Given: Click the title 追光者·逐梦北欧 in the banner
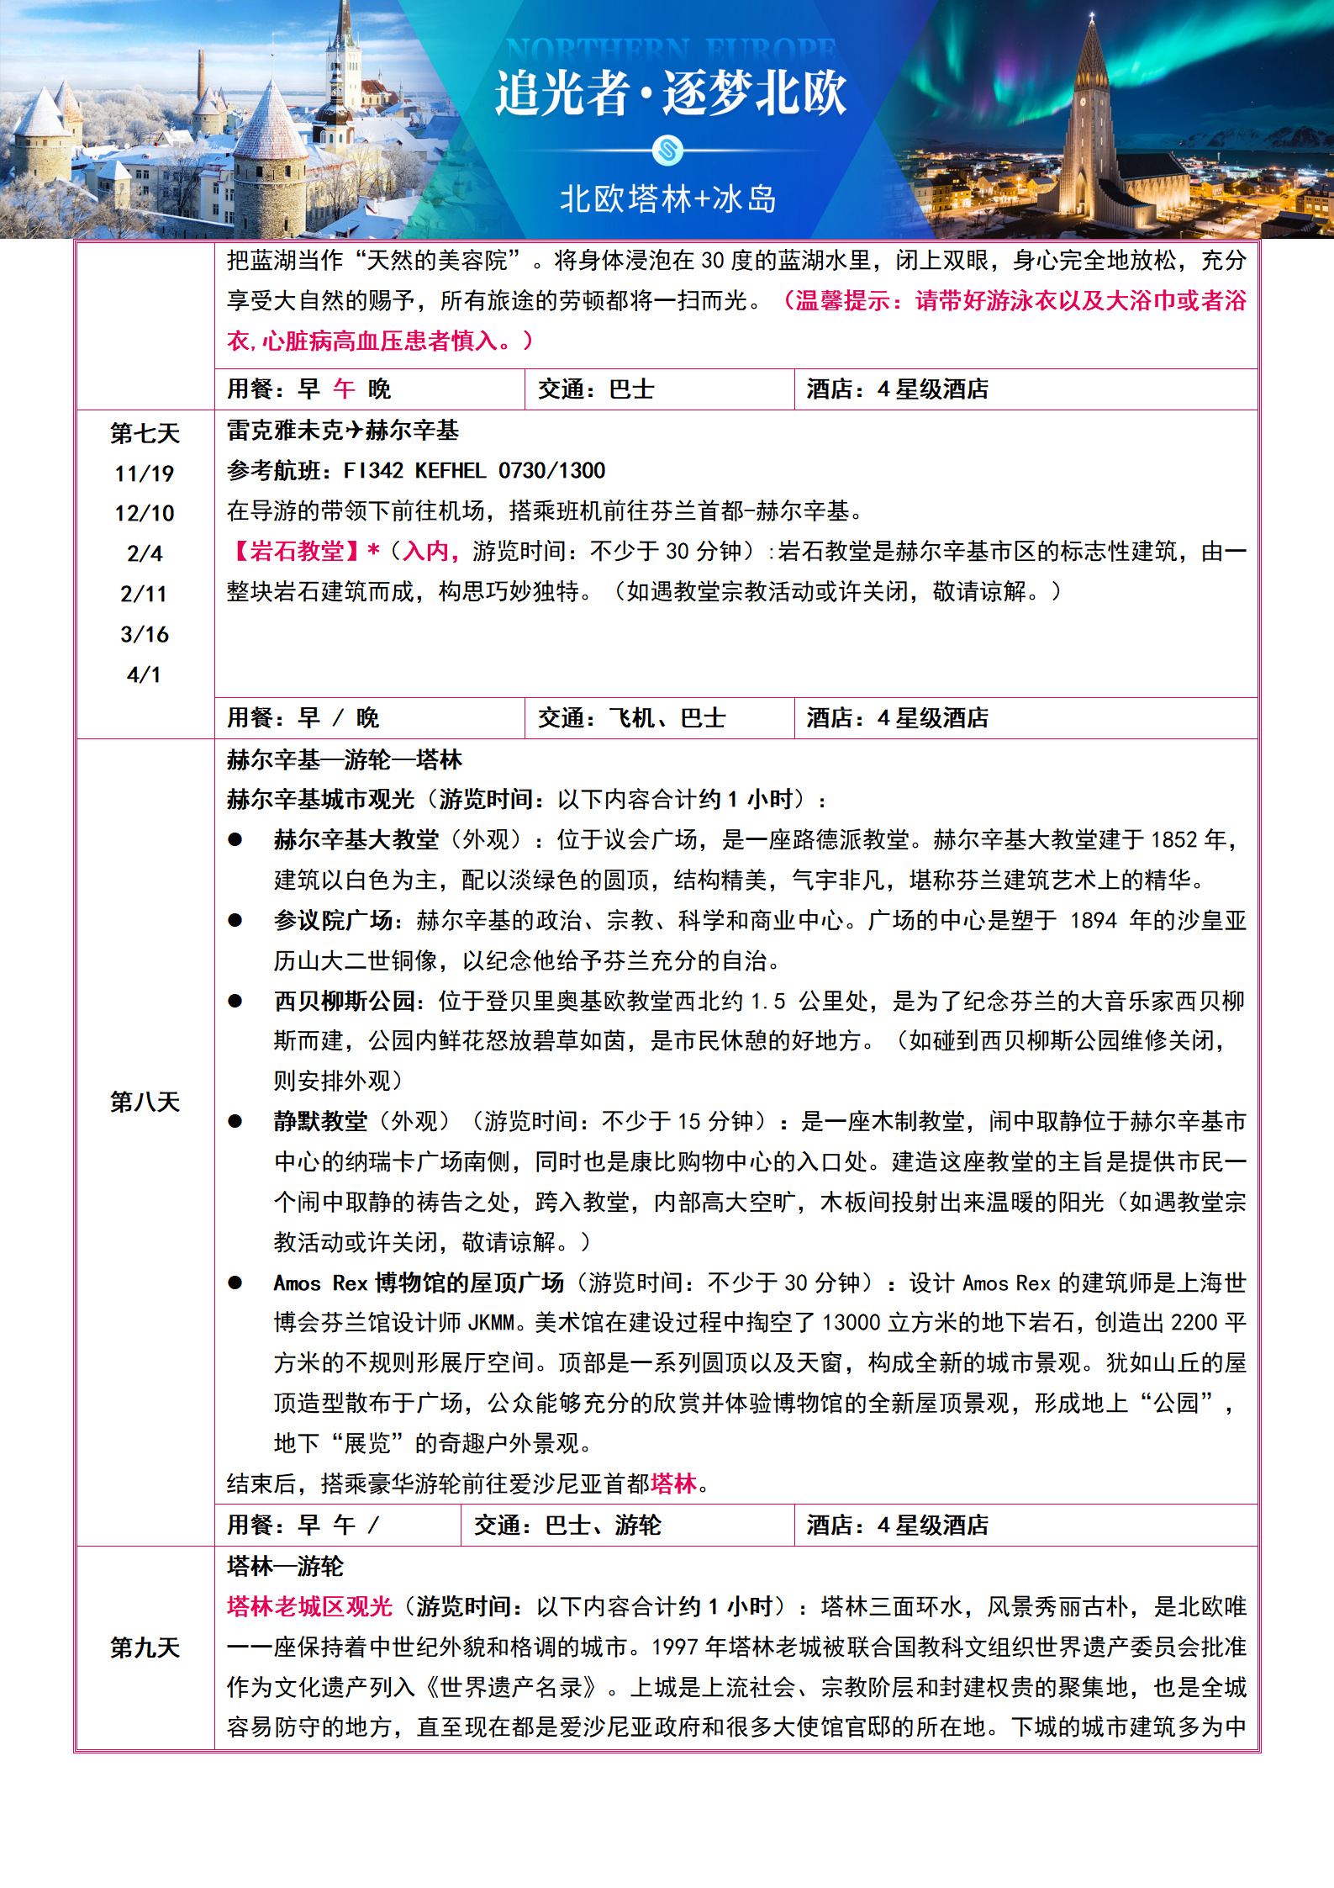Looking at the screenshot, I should tap(670, 93).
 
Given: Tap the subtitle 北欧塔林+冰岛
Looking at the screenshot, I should tap(668, 199).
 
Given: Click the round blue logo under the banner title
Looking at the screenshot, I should tap(668, 151).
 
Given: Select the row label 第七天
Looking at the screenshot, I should tap(145, 433).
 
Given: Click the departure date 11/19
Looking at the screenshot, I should tap(145, 473).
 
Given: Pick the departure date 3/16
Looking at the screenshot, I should tap(145, 634).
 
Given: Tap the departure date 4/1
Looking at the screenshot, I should tap(145, 674).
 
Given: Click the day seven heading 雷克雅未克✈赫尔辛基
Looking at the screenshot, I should tap(343, 431).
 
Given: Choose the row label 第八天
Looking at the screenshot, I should tap(145, 1102).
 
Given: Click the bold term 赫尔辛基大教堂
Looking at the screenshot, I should tap(356, 839).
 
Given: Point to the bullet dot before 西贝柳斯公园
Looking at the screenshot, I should tap(235, 1001).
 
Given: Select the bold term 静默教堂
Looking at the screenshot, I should tap(320, 1121).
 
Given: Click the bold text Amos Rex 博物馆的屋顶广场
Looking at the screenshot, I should tap(419, 1282).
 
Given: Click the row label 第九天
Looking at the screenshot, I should tap(145, 1647).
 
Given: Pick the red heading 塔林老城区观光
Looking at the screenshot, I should tap(309, 1606).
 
